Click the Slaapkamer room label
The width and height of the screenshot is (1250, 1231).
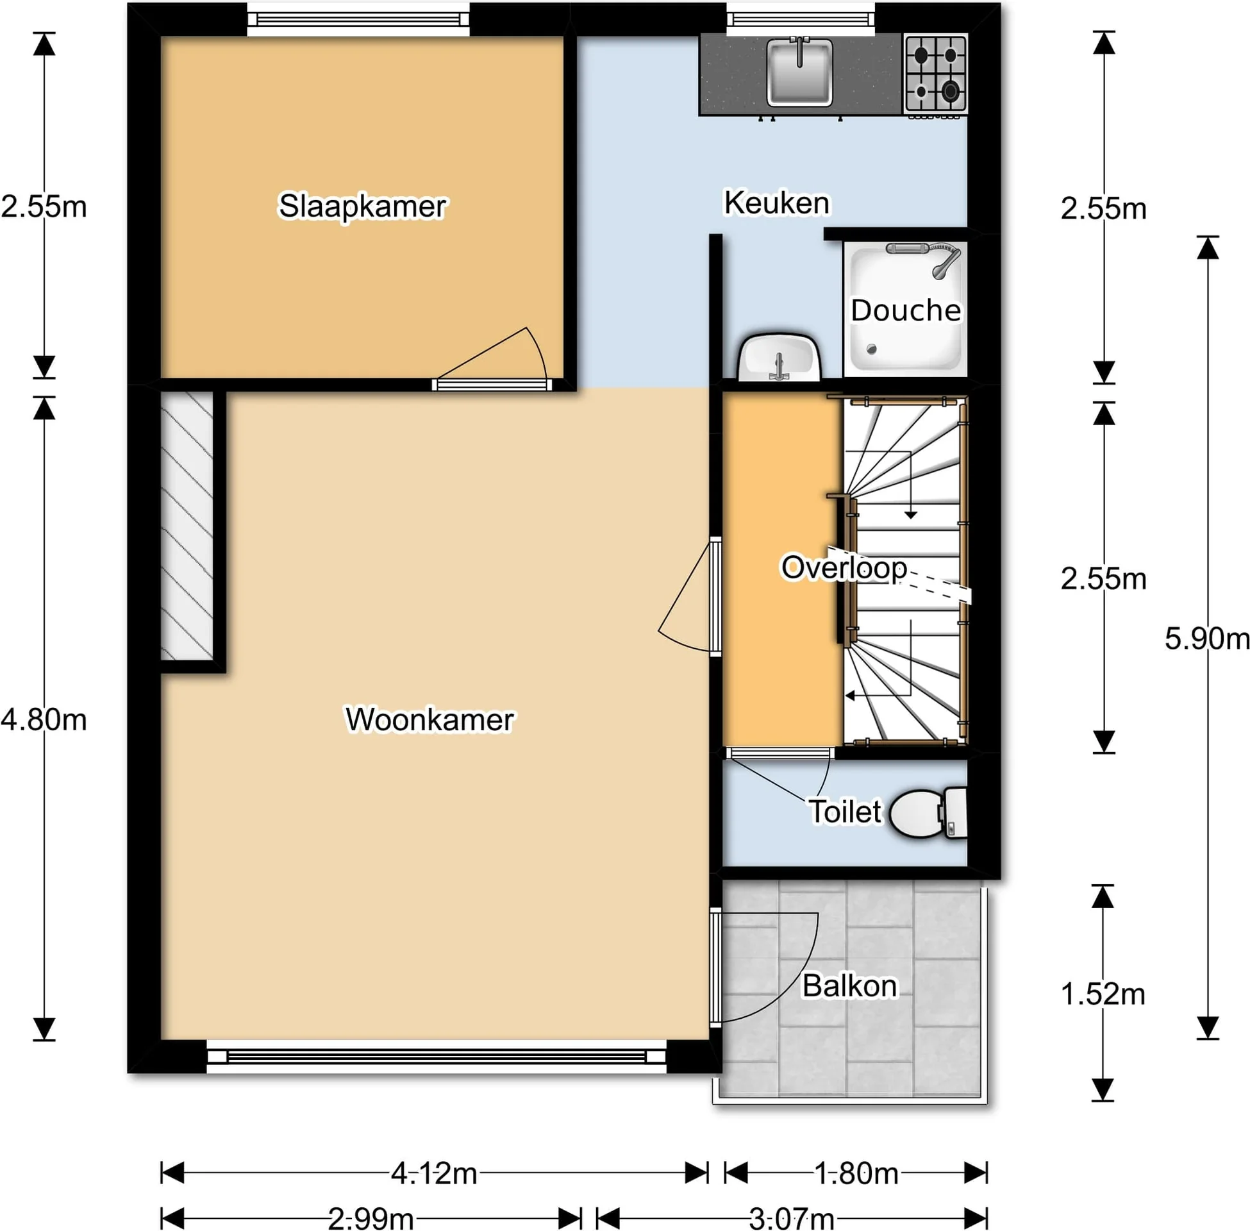pyautogui.click(x=362, y=206)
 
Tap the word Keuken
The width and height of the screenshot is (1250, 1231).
pyautogui.click(x=776, y=203)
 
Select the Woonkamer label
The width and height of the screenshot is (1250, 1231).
pyautogui.click(x=430, y=719)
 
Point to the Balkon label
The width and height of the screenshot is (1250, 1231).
pyautogui.click(x=849, y=986)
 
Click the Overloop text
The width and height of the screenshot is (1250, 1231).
pyautogui.click(x=844, y=567)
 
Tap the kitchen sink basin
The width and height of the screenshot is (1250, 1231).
pyautogui.click(x=799, y=72)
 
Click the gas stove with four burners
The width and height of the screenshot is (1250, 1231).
pyautogui.click(x=935, y=74)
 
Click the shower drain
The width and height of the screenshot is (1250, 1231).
pyautogui.click(x=871, y=350)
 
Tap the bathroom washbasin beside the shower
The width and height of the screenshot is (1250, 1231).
pyautogui.click(x=779, y=358)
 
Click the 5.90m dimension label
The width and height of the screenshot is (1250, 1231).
pyautogui.click(x=1206, y=639)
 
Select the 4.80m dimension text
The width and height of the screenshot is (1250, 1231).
pyautogui.click(x=44, y=719)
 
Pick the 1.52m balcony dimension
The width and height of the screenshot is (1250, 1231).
pyautogui.click(x=1103, y=994)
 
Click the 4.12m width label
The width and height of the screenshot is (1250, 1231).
pyautogui.click(x=434, y=1173)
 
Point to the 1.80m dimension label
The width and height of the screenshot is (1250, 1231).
pyautogui.click(x=856, y=1173)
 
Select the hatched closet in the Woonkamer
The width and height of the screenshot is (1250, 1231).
pyautogui.click(x=187, y=526)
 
